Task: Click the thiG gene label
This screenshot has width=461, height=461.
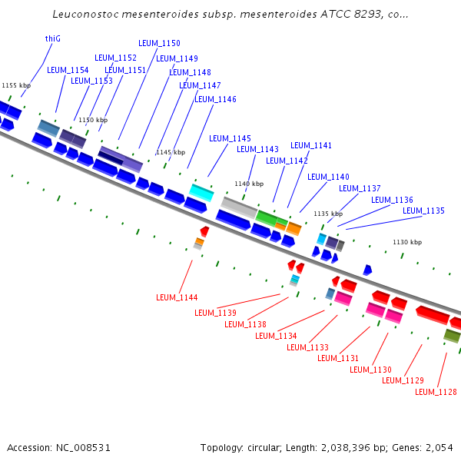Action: tap(53, 38)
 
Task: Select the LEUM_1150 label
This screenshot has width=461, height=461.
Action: tap(159, 43)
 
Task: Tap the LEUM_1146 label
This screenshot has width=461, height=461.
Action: tap(215, 99)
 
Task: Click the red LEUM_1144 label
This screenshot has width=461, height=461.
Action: tap(177, 297)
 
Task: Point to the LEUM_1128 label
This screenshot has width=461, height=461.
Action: tap(436, 392)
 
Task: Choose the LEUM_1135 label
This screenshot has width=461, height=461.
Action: tap(423, 211)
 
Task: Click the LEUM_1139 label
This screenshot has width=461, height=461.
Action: tap(215, 313)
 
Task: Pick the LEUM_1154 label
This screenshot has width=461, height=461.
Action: tap(68, 70)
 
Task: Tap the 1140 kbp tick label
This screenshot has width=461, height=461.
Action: tap(249, 184)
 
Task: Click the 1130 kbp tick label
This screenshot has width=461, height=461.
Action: tap(407, 242)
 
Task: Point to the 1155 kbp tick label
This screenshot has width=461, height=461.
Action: tap(16, 85)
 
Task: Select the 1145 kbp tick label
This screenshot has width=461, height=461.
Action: tap(171, 152)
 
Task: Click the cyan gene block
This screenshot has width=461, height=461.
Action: tap(201, 192)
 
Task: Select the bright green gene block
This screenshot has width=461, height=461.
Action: tap(267, 217)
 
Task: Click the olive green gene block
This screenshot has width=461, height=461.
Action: tap(452, 336)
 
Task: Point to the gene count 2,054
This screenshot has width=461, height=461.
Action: tap(439, 447)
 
